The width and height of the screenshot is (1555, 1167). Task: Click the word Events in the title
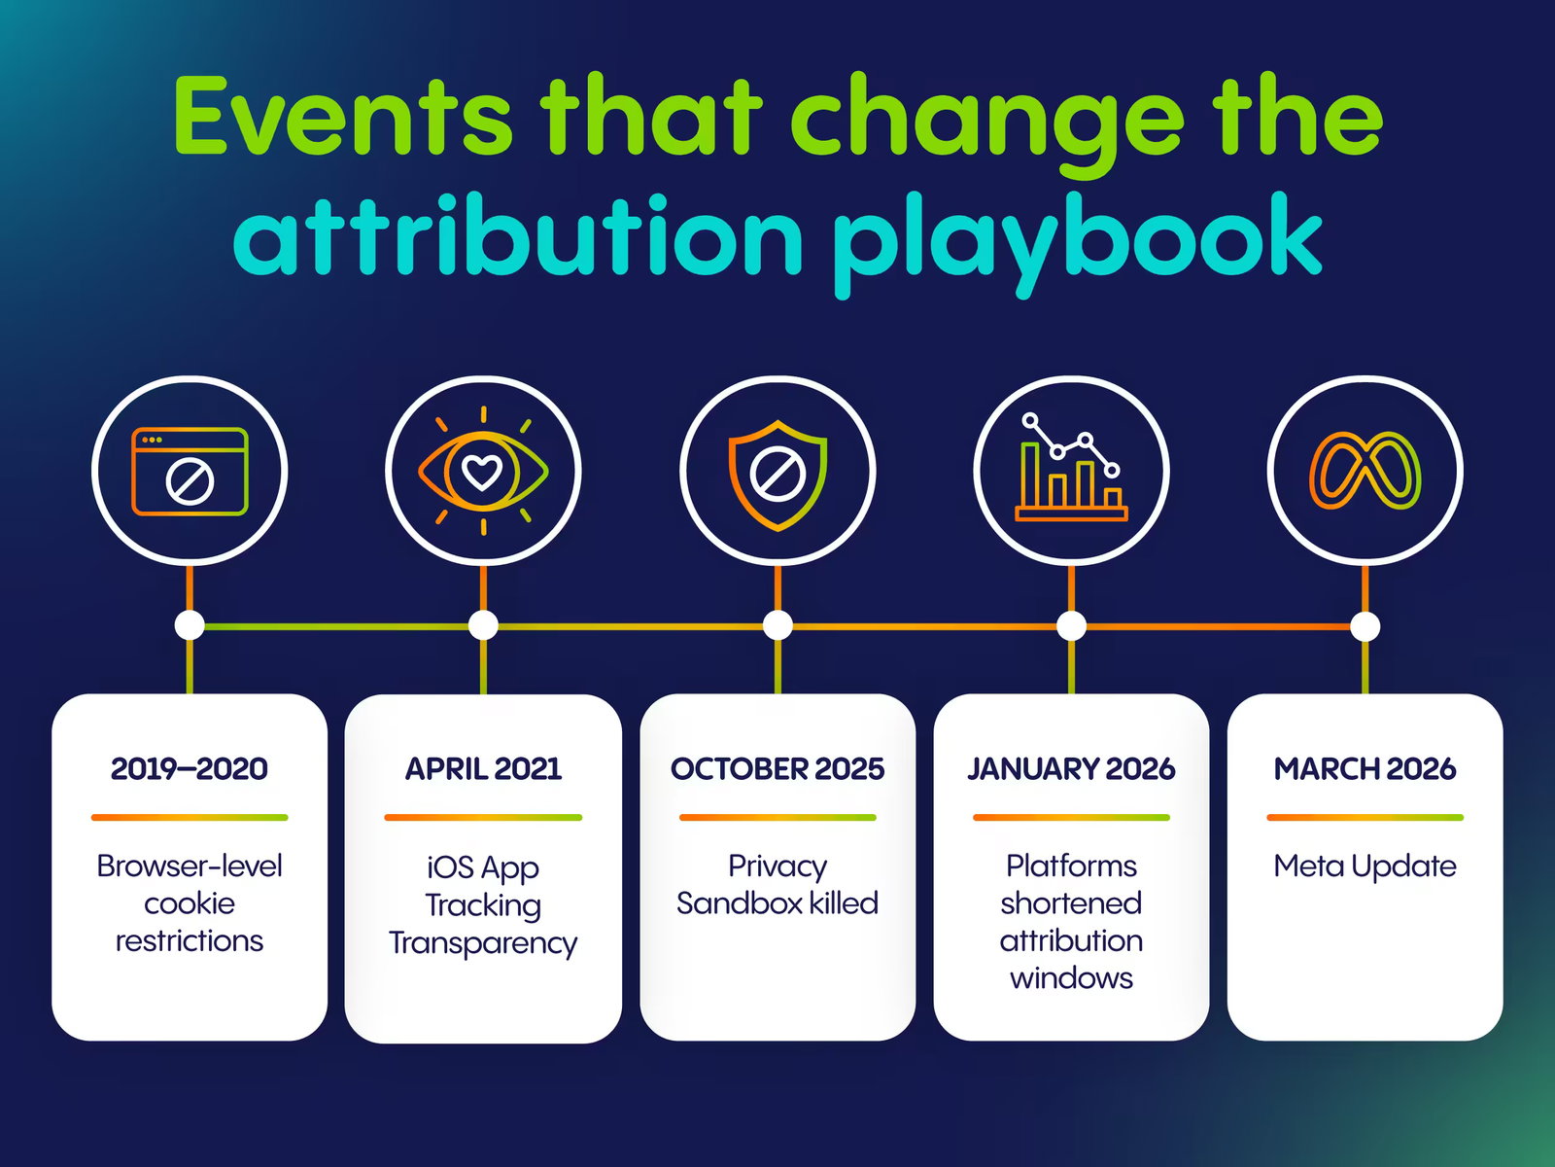(x=342, y=116)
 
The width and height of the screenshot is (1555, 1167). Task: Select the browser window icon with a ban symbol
(x=190, y=472)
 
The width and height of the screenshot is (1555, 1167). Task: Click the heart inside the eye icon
(x=483, y=472)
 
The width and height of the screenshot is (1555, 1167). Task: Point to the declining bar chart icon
(x=1071, y=468)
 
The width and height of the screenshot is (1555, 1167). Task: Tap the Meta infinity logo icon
(x=1365, y=472)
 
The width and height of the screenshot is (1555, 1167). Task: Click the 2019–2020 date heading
(x=190, y=769)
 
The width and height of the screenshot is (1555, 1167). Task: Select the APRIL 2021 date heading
(x=483, y=769)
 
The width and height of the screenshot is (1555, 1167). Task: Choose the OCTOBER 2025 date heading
(x=777, y=769)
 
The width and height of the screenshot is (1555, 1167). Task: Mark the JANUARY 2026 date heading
(x=1071, y=769)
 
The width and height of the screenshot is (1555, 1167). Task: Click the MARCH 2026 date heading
(x=1365, y=769)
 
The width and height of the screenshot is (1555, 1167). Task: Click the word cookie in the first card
(x=190, y=903)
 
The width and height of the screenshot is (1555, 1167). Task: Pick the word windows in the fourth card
(x=1071, y=978)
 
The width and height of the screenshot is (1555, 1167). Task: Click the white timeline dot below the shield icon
(x=777, y=625)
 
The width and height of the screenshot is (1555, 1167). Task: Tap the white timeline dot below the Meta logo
(x=1365, y=625)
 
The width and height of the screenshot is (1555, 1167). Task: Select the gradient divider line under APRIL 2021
(x=483, y=818)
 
